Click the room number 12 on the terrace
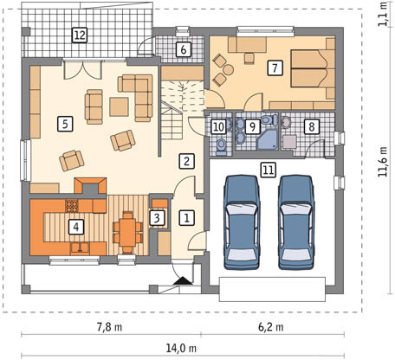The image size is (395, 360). (80, 35)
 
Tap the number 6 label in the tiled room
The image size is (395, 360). (183, 49)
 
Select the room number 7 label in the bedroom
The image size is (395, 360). (275, 68)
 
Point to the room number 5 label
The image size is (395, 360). (65, 124)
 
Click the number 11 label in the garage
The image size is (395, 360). (269, 170)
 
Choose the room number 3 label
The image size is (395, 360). (157, 218)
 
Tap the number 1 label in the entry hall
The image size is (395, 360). (186, 218)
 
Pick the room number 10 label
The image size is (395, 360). (219, 126)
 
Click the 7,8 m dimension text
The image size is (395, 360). (109, 328)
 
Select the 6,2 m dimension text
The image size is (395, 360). (270, 327)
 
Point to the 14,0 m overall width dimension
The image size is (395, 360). (181, 349)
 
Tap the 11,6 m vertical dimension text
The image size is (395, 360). (383, 162)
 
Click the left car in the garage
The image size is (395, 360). (242, 222)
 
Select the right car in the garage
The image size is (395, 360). (296, 222)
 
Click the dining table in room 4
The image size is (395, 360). (127, 232)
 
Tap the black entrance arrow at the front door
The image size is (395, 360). (183, 280)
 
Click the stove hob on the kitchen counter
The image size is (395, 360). (72, 206)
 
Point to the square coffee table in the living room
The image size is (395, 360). (119, 106)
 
